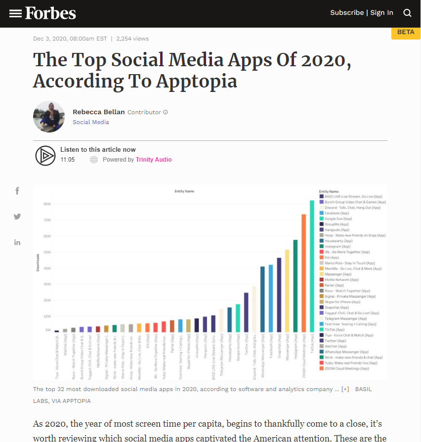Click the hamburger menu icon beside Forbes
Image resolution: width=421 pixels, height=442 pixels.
15,13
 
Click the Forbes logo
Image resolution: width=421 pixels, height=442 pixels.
50,13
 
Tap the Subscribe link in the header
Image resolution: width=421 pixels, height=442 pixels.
347,13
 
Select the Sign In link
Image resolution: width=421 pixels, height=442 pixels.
382,13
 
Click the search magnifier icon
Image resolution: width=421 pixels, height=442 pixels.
407,13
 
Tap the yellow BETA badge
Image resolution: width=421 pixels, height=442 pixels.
406,32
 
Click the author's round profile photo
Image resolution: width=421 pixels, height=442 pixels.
49,117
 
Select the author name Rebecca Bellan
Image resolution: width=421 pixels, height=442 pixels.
98,112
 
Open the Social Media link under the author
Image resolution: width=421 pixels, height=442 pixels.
91,122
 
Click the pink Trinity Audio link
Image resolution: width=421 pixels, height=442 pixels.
154,160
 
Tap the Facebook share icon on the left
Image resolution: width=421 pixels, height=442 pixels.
17,191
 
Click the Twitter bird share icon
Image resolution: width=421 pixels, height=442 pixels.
17,217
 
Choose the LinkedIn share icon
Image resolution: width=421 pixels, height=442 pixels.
17,242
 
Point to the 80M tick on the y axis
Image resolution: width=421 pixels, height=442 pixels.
47,204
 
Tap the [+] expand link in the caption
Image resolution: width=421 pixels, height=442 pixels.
345,389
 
